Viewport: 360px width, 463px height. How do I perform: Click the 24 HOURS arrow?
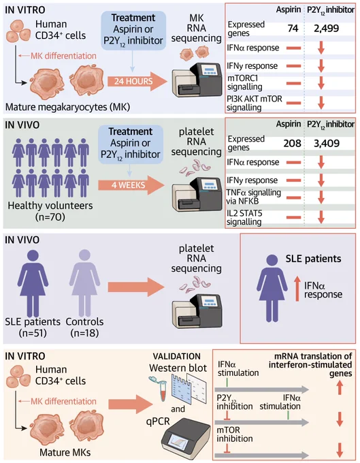(137, 81)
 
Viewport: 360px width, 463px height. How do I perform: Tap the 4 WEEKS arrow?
(131, 185)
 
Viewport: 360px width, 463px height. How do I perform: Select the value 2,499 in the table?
(327, 29)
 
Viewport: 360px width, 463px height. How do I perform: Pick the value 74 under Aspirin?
(293, 29)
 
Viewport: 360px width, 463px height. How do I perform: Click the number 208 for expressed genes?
(292, 143)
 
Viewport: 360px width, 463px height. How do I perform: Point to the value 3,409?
(327, 143)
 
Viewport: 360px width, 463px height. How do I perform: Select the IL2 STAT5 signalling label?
(244, 217)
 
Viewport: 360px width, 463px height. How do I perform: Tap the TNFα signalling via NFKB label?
(253, 197)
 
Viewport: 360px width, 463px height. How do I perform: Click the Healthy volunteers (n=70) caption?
(50, 211)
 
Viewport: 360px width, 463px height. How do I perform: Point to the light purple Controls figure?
(84, 283)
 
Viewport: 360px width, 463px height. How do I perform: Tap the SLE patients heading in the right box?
(313, 259)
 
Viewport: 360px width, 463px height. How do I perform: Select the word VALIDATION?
(177, 356)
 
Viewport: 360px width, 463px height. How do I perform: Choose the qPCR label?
(158, 421)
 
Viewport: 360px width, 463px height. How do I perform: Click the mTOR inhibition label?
(235, 434)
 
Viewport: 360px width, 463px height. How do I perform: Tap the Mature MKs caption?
(65, 452)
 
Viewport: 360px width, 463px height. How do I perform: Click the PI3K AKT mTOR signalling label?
(255, 103)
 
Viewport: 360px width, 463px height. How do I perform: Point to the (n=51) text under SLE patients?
(33, 333)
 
